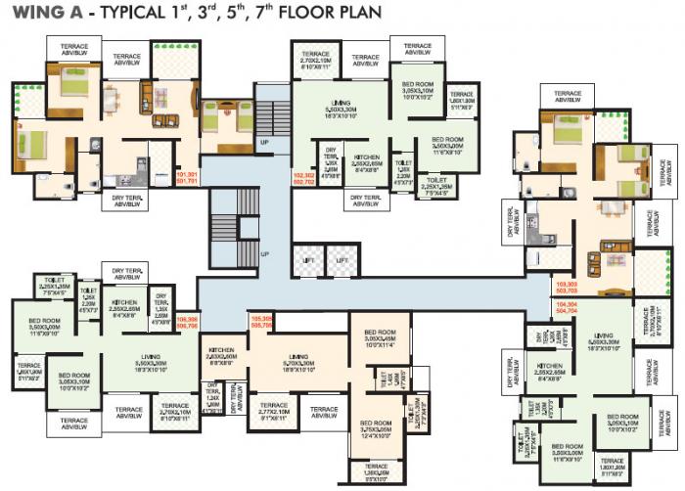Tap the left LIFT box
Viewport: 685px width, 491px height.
[x=308, y=260]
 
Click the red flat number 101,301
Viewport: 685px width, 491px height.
[x=186, y=178]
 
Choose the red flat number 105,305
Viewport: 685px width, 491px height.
[x=261, y=322]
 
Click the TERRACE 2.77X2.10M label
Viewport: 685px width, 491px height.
[x=273, y=410]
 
